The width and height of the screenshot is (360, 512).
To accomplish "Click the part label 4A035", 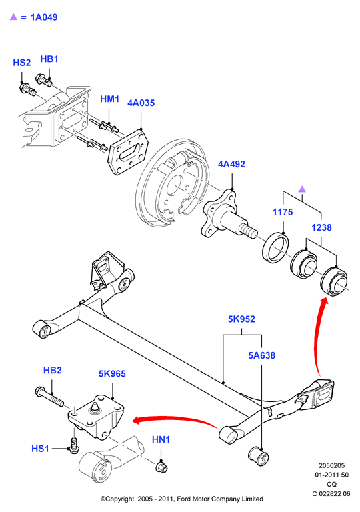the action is click(141, 103).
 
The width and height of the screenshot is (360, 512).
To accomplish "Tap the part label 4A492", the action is click(231, 164).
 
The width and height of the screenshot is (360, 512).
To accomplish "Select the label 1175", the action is click(283, 212).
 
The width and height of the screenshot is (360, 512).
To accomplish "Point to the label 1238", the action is click(321, 227).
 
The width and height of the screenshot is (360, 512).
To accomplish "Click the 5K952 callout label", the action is click(241, 319).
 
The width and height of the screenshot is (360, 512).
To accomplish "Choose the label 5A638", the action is click(262, 355).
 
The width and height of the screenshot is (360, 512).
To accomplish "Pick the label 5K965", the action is click(112, 373).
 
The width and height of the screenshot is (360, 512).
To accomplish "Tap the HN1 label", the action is click(161, 439).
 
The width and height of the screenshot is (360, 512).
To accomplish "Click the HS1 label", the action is click(40, 449).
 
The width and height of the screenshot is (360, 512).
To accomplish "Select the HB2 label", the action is click(52, 370).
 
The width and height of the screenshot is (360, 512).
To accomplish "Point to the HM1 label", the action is click(110, 99).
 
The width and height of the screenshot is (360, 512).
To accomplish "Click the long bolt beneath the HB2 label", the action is click(49, 397).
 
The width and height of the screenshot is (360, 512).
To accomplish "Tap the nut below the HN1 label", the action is click(162, 467).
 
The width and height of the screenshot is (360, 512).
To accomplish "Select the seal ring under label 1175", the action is click(276, 247).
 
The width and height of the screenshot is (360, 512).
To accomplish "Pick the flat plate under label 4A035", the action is click(128, 152).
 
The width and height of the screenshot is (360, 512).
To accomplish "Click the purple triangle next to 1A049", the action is click(13, 17).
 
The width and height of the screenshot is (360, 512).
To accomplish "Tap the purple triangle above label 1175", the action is click(302, 189).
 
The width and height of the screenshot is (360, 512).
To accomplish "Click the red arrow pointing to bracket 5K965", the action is click(175, 419).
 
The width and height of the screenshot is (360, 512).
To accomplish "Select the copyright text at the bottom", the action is click(181, 499).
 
